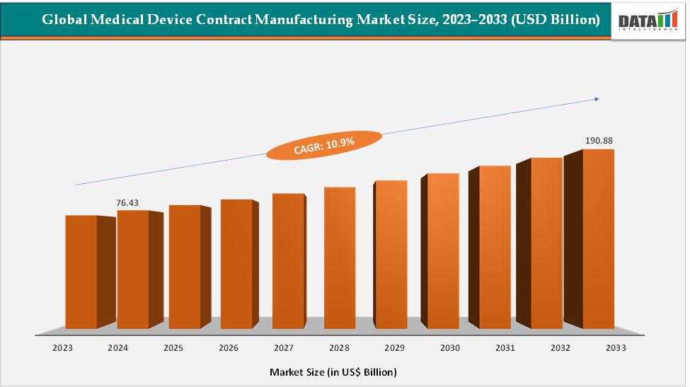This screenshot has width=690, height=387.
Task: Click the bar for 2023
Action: [x=81, y=272]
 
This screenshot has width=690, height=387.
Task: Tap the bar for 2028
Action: [x=340, y=258]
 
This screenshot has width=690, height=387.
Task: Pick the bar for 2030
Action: [x=443, y=250]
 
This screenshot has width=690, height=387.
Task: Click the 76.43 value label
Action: [x=127, y=203]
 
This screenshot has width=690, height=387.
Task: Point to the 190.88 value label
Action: [x=599, y=141]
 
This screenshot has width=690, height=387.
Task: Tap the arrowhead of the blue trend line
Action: [x=596, y=99]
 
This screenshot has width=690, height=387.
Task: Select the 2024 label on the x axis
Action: [x=117, y=348]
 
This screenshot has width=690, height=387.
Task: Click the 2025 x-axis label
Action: [x=173, y=348]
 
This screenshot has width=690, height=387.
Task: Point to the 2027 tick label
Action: [x=284, y=348]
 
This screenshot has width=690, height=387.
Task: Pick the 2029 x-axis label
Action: [x=394, y=348]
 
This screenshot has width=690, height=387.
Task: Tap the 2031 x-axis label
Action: [x=505, y=348]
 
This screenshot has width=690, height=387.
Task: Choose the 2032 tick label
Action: [x=560, y=348]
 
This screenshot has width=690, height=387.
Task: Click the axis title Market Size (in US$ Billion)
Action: [x=333, y=371]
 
